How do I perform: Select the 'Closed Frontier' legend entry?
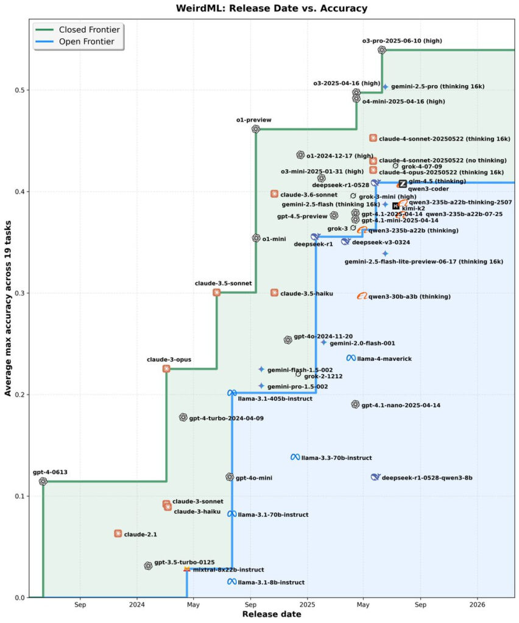click(x=89, y=29)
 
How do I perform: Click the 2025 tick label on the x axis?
click(x=307, y=605)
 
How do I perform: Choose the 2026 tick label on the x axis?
click(x=478, y=605)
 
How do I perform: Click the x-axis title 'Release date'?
click(x=271, y=614)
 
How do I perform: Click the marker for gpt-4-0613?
click(x=43, y=481)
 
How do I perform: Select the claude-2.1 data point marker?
click(x=118, y=534)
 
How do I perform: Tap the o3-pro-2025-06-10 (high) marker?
click(x=382, y=50)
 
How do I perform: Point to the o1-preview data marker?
click(x=256, y=129)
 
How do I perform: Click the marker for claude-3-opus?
click(x=166, y=369)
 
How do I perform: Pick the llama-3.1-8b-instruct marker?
click(x=231, y=582)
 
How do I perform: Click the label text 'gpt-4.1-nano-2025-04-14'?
click(x=401, y=405)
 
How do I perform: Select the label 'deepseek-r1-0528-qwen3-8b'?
click(x=427, y=478)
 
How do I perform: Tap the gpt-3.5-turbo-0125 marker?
click(x=148, y=565)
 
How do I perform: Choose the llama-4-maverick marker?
click(x=351, y=358)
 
